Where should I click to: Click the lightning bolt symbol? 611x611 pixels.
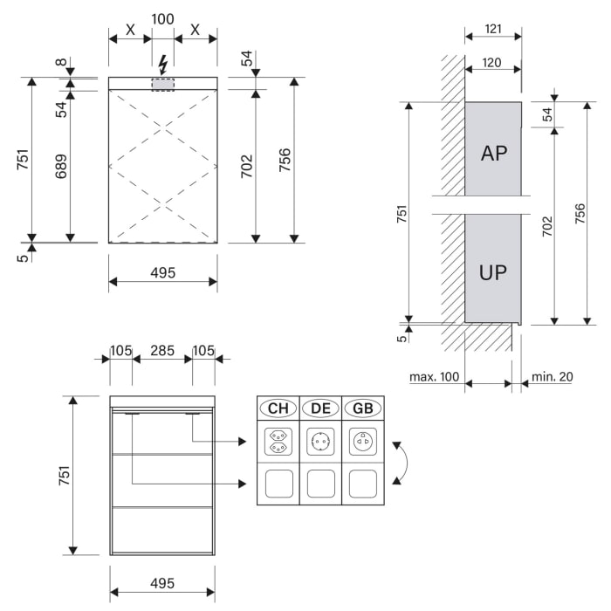click(162, 64)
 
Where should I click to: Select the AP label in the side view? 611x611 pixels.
click(493, 153)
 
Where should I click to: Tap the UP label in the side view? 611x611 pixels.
click(493, 271)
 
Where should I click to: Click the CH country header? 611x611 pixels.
click(278, 408)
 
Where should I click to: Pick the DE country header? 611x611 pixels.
click(320, 408)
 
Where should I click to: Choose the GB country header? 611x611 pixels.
click(362, 408)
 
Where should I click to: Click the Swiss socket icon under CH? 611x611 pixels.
click(278, 442)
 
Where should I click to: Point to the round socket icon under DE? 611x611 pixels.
click(320, 442)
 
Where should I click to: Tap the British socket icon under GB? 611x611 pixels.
click(362, 442)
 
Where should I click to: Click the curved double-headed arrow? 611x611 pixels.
click(399, 463)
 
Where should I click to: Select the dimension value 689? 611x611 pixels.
click(60, 168)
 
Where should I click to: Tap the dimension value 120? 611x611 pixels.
click(492, 64)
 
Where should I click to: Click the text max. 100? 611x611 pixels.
click(434, 377)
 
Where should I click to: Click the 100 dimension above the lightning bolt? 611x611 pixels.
click(162, 18)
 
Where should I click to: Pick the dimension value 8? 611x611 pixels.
click(60, 63)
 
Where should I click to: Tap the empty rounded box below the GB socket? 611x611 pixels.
click(362, 484)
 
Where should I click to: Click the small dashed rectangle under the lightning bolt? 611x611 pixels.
click(162, 84)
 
